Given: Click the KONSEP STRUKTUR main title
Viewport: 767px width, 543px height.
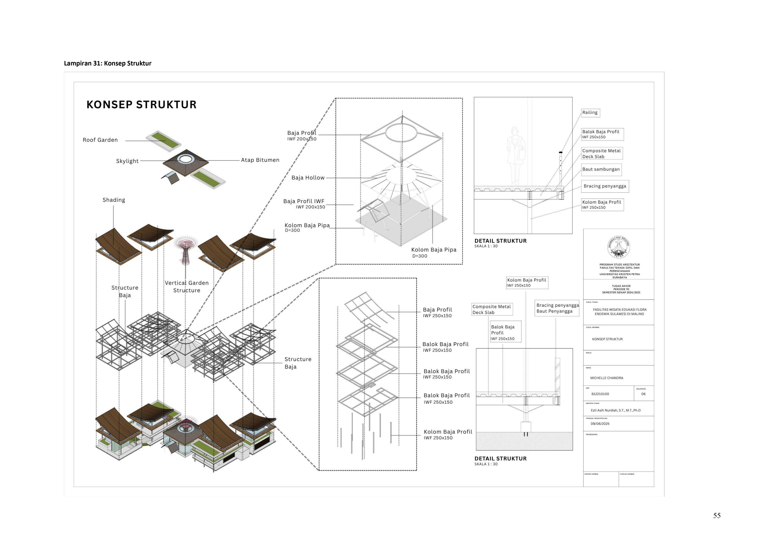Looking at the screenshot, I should pos(141,105).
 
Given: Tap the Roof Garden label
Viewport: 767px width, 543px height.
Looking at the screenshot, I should pos(100,140).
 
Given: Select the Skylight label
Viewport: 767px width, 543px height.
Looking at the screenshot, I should pos(127,161).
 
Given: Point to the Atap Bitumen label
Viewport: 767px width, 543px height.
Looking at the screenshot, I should pos(260,160).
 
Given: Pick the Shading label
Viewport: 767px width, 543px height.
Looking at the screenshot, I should pos(114,200).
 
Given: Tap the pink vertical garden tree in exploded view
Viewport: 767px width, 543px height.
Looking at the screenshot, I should pos(185,247).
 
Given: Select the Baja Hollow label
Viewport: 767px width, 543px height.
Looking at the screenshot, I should pos(308,178).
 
